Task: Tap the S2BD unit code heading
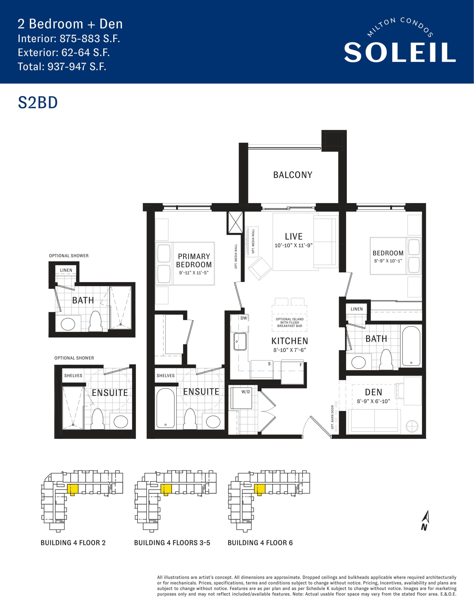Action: (38, 103)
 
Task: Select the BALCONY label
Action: (293, 175)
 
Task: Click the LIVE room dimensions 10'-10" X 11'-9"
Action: (293, 245)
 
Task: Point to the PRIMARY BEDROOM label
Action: (194, 261)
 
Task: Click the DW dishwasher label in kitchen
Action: (243, 318)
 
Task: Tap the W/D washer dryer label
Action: (246, 392)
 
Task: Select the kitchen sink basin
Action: (240, 341)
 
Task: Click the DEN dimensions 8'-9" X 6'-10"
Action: (373, 401)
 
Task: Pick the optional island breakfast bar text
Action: (290, 323)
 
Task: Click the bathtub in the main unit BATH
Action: (411, 346)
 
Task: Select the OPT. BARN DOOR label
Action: (332, 417)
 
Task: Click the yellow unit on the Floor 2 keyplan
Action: (72, 489)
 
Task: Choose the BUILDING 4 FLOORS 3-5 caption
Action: (172, 543)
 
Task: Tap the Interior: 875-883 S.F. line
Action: (69, 39)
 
